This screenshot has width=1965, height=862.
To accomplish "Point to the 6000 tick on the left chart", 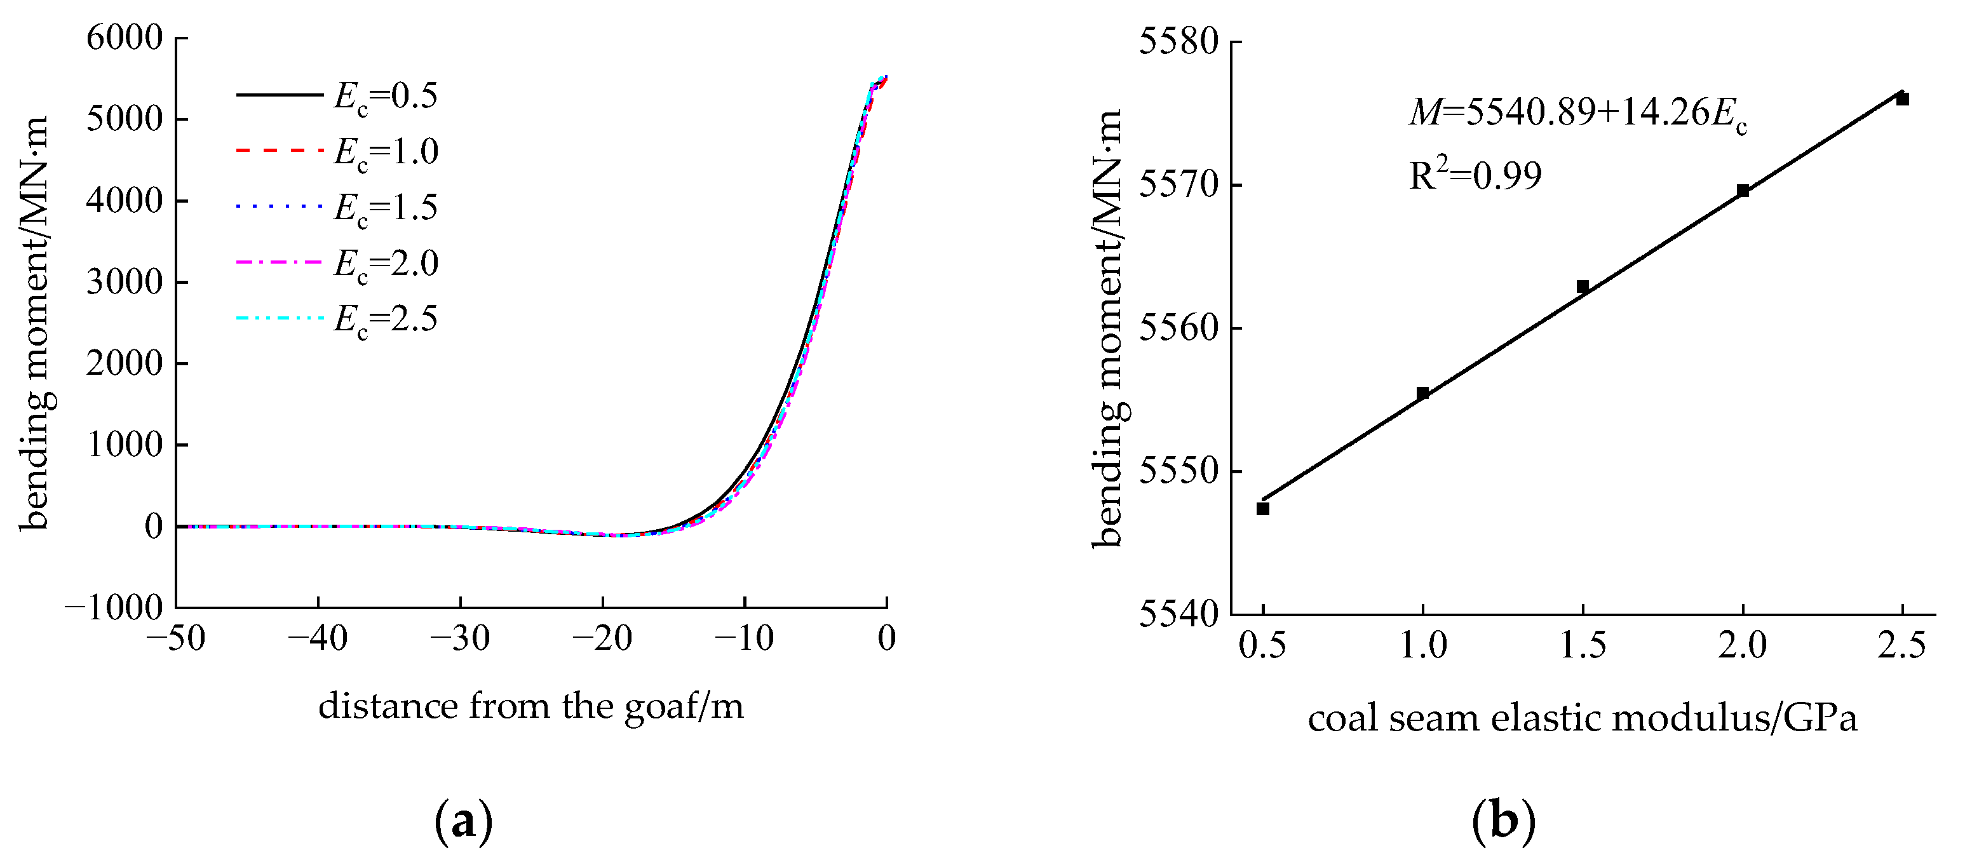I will tap(125, 37).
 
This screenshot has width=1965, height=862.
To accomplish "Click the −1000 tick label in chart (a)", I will tap(114, 608).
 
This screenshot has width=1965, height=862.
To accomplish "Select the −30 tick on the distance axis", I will tap(460, 638).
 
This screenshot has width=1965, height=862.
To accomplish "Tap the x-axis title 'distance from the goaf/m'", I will tap(531, 706).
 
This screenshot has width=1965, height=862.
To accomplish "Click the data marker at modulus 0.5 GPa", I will tap(1262, 509).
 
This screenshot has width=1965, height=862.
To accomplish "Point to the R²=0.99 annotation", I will tap(1475, 175).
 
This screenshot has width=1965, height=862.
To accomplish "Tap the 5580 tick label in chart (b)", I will tap(1178, 41).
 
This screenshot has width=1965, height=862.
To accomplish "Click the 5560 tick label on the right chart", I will tap(1178, 328).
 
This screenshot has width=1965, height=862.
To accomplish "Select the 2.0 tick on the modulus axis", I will tap(1742, 645).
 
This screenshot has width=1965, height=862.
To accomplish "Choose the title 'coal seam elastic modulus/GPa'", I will tap(1582, 718).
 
